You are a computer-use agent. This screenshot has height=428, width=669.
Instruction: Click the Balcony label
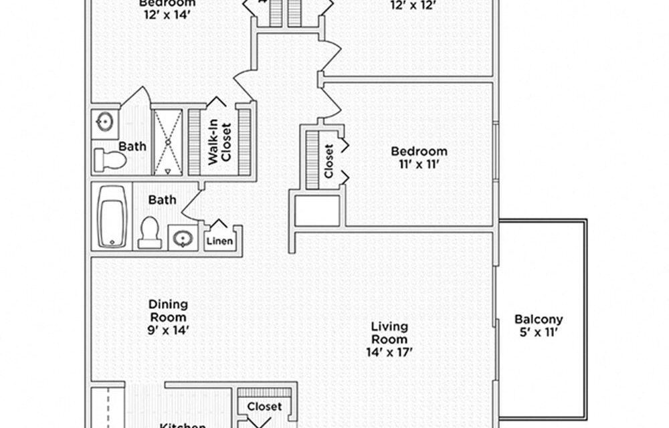pos(538,320)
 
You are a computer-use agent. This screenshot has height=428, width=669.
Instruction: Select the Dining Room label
pos(167,310)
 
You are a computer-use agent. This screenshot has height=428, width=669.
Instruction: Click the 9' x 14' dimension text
pos(167,330)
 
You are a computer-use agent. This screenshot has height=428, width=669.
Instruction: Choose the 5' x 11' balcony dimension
pos(538,332)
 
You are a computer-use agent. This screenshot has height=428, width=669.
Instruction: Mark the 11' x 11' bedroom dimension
pos(419,165)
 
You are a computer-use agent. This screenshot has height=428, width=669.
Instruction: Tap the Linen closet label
pos(220,241)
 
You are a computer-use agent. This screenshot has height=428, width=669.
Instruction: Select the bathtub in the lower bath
pos(112,216)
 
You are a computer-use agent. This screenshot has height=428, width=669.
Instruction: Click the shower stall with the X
pos(167,142)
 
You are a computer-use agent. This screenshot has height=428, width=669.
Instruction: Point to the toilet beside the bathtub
pos(150,233)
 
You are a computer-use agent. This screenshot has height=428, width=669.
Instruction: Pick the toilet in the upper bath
pos(110,160)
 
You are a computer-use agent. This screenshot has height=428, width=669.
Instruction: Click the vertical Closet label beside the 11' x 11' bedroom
pos(328,161)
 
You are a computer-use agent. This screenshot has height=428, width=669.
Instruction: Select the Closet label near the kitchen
pos(264,407)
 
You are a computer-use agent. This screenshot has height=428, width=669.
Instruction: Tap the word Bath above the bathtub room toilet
pos(162,199)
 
